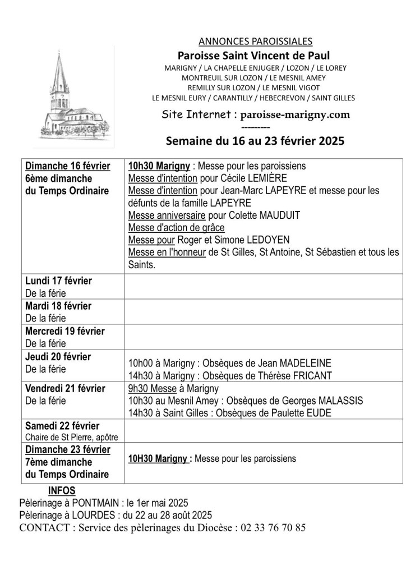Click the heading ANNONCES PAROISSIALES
point(255,41)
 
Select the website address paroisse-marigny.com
point(295,114)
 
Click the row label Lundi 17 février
point(58,281)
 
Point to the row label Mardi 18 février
point(58,306)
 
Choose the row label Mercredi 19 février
point(65,331)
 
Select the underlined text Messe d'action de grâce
point(176,228)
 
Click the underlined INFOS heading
point(62,490)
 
